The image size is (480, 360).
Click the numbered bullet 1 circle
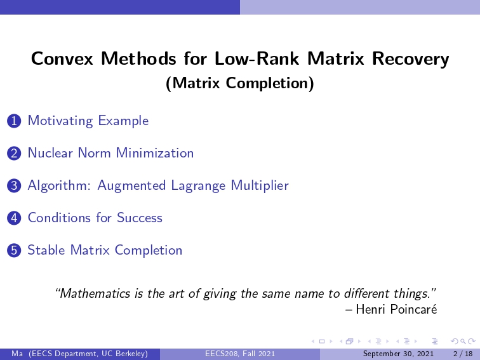[14, 121]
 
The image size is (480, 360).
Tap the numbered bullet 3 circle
[14, 186]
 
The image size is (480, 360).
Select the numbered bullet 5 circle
[14, 250]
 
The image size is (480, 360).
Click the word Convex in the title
[62, 58]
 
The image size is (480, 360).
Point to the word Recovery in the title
[411, 59]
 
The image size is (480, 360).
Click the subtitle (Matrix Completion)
[240, 83]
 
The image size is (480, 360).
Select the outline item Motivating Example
[88, 121]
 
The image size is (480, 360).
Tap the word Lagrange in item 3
[199, 185]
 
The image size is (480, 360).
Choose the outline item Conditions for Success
[95, 218]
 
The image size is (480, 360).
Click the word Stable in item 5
[46, 250]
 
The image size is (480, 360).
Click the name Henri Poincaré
[396, 309]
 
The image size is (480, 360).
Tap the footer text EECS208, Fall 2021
[240, 354]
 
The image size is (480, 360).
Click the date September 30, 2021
[398, 354]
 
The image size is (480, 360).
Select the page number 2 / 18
[463, 354]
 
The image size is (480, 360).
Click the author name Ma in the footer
[17, 354]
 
